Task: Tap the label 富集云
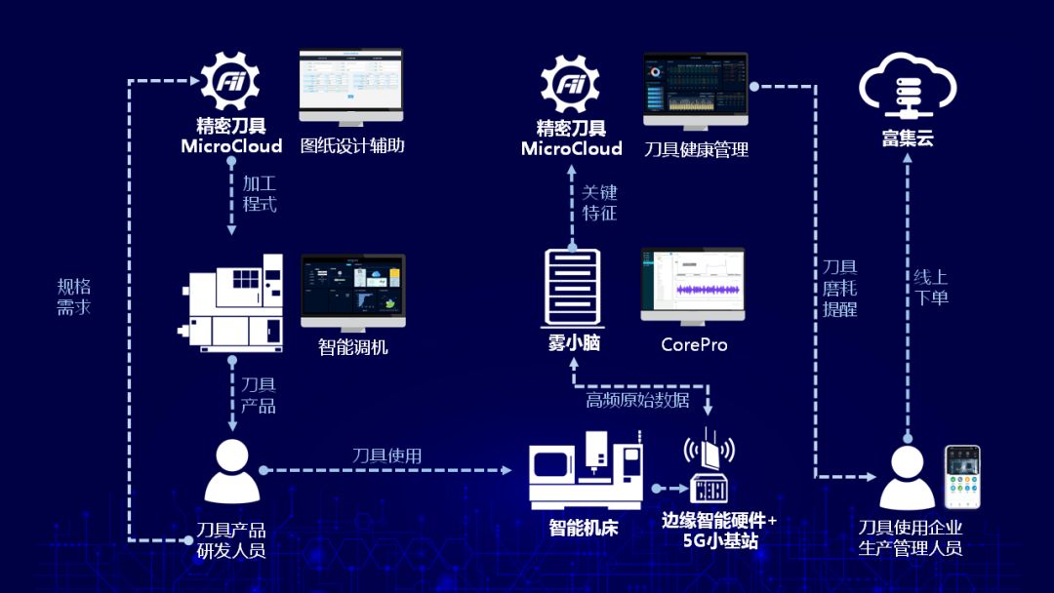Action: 908,138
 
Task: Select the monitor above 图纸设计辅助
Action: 351,86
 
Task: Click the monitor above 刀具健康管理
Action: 695,90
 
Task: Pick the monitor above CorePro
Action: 692,284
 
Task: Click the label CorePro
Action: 694,344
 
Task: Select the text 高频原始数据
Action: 637,400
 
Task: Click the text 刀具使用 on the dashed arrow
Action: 386,455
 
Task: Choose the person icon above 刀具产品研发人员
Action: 231,471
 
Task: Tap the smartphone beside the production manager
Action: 961,476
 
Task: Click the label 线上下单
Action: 931,287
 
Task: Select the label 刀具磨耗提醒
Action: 839,287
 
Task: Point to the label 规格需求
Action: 74,296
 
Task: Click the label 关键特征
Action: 599,202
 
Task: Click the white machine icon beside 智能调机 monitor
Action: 235,302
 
